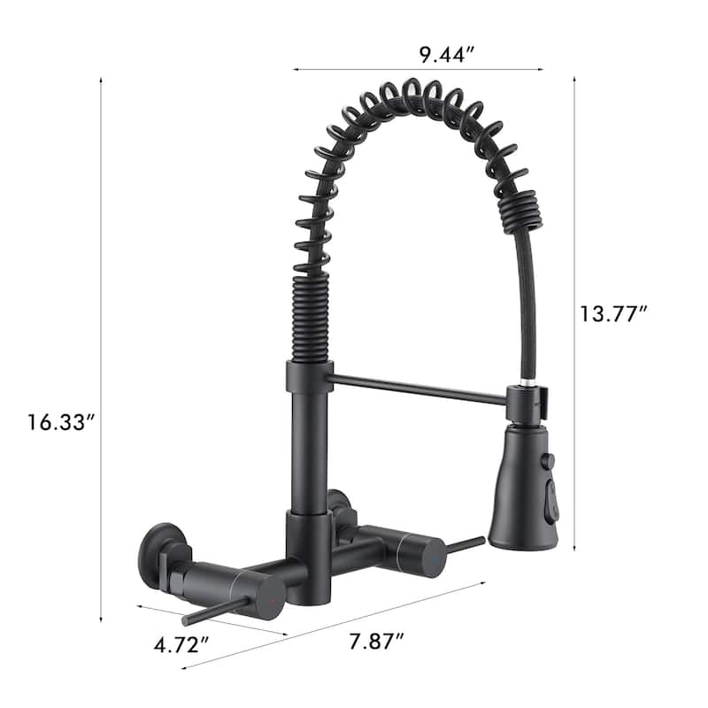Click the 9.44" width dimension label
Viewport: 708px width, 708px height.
448,53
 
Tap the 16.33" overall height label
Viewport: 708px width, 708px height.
60,422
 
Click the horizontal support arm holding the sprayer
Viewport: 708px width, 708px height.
416,389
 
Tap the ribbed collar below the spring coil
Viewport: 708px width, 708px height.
310,319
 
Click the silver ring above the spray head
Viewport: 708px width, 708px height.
528,383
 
